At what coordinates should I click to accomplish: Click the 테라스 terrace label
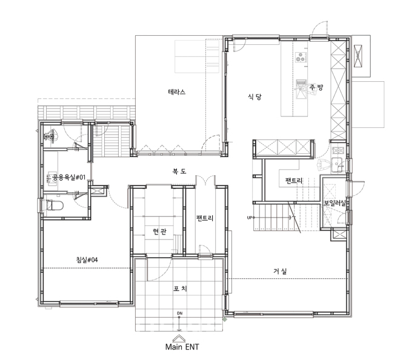click(177, 92)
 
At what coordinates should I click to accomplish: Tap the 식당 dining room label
click(255, 97)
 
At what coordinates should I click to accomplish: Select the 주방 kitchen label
click(316, 87)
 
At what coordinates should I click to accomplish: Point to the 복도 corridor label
click(179, 171)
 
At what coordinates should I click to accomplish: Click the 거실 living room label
click(280, 272)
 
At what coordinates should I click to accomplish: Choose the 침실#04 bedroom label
click(87, 260)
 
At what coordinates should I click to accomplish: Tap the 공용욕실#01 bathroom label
click(69, 178)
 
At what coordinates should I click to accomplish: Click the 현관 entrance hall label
click(159, 232)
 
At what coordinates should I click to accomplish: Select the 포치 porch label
click(180, 288)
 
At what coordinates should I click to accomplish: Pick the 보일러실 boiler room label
click(335, 203)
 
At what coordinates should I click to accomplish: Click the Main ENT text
click(182, 347)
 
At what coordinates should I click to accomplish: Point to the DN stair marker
click(179, 313)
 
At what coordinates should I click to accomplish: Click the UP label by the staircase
click(249, 218)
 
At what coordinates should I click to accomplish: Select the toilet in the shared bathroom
click(55, 206)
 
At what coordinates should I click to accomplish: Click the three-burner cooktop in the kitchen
click(301, 58)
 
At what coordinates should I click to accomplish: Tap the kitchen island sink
click(301, 89)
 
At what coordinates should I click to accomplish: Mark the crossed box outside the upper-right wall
click(358, 56)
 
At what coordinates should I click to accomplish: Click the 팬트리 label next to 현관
click(205, 218)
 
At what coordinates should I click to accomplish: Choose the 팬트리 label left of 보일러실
click(294, 180)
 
